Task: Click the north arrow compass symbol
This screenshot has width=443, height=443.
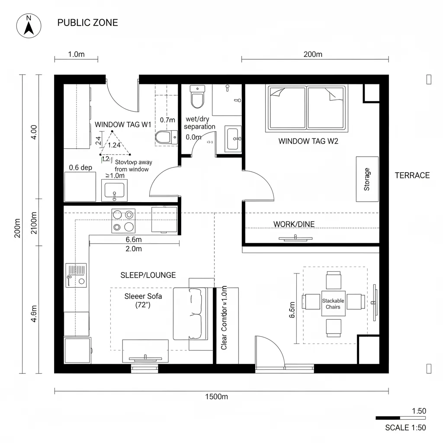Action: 29,26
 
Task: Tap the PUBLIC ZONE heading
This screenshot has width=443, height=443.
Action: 87,23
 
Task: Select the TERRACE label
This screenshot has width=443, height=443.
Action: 412,175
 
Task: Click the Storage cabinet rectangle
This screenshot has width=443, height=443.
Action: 367,179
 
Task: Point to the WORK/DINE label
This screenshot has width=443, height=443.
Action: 294,224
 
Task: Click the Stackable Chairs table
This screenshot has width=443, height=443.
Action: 333,303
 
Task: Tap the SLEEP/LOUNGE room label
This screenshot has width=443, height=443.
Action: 148,275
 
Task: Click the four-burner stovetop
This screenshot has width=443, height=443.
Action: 123,220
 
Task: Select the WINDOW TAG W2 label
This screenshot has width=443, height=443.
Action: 308,141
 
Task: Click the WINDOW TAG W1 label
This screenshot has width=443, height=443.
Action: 123,125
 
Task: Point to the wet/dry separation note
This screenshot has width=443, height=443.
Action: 199,123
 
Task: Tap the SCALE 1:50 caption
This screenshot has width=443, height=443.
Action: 405,428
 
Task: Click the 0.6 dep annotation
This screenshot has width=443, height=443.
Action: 81,167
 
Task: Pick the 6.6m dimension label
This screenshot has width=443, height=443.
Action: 134,240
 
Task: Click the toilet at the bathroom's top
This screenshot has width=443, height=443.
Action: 197,97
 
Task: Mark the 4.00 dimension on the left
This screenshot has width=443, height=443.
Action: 34,132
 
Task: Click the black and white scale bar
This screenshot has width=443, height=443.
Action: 400,418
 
